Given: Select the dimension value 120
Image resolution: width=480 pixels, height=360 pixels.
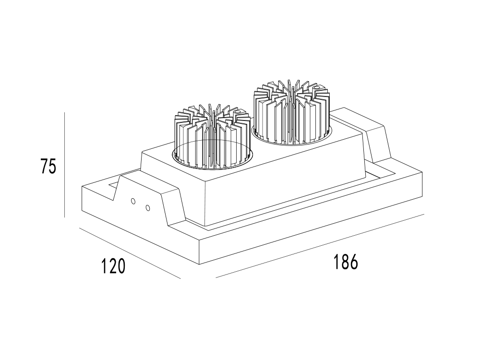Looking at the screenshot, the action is [113, 265].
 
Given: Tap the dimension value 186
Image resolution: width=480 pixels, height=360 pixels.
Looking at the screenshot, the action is [345, 262].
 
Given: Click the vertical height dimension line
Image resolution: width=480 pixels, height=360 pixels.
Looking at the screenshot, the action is [65, 165].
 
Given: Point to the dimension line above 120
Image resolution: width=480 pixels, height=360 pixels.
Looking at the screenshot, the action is [130, 253].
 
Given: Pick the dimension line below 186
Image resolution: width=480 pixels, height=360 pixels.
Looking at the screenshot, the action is [320, 246].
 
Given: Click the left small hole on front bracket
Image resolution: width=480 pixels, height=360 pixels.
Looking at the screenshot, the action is [133, 201].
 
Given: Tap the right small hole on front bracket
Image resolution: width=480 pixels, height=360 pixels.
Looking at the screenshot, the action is [147, 208].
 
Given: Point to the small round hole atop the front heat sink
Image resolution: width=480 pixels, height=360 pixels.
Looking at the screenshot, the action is [237, 113].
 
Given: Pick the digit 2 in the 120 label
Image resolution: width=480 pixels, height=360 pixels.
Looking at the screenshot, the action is [113, 265].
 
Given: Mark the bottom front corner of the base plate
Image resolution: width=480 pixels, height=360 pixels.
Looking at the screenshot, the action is [200, 264].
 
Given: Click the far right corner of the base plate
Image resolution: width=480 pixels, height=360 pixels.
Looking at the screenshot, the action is [422, 173].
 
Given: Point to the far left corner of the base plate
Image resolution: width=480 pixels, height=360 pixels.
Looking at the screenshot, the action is [82, 187].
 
